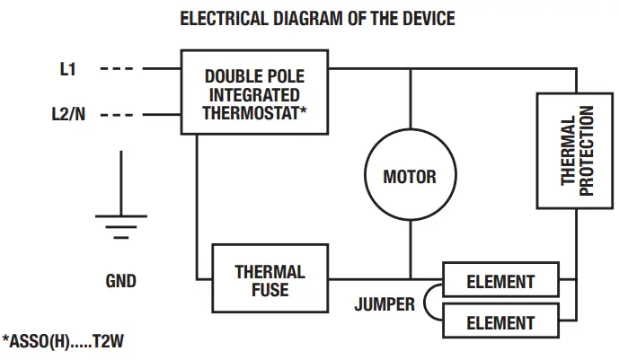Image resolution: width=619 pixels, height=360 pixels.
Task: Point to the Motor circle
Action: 410,176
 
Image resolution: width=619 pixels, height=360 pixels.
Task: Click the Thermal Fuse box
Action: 270,280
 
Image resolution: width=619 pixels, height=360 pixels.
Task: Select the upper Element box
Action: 500,282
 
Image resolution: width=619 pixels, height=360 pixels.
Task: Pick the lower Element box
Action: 500,321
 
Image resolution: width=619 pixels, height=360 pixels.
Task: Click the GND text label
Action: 120,281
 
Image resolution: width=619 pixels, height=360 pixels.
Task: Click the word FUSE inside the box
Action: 270,289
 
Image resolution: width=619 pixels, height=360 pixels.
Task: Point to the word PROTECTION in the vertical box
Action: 587,150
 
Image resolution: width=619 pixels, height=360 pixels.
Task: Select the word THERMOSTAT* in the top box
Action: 255,112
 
